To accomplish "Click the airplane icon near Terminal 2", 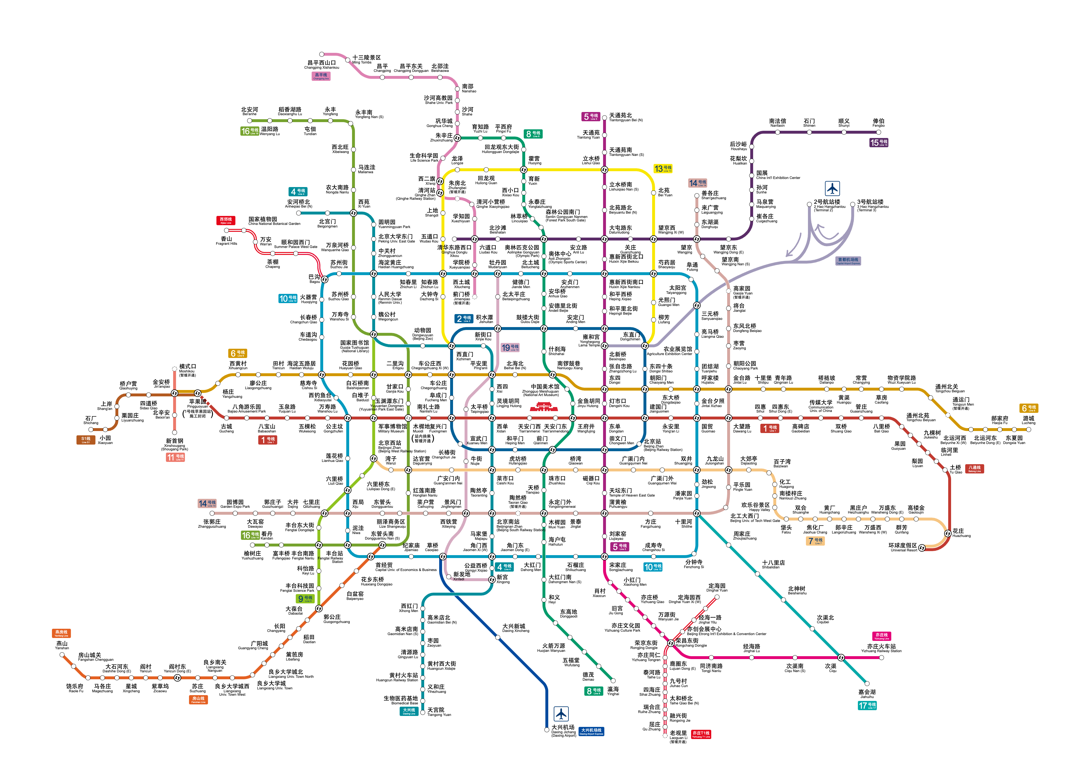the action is point(832,189).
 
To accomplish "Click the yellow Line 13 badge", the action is point(663,169).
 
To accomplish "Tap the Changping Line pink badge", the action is point(321,76).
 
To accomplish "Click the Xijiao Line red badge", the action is point(226,220).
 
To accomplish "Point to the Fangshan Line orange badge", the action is point(199,699).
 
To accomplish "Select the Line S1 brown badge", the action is point(86,440).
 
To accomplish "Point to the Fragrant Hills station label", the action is point(226,241).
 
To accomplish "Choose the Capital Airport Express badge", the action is point(848,261).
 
